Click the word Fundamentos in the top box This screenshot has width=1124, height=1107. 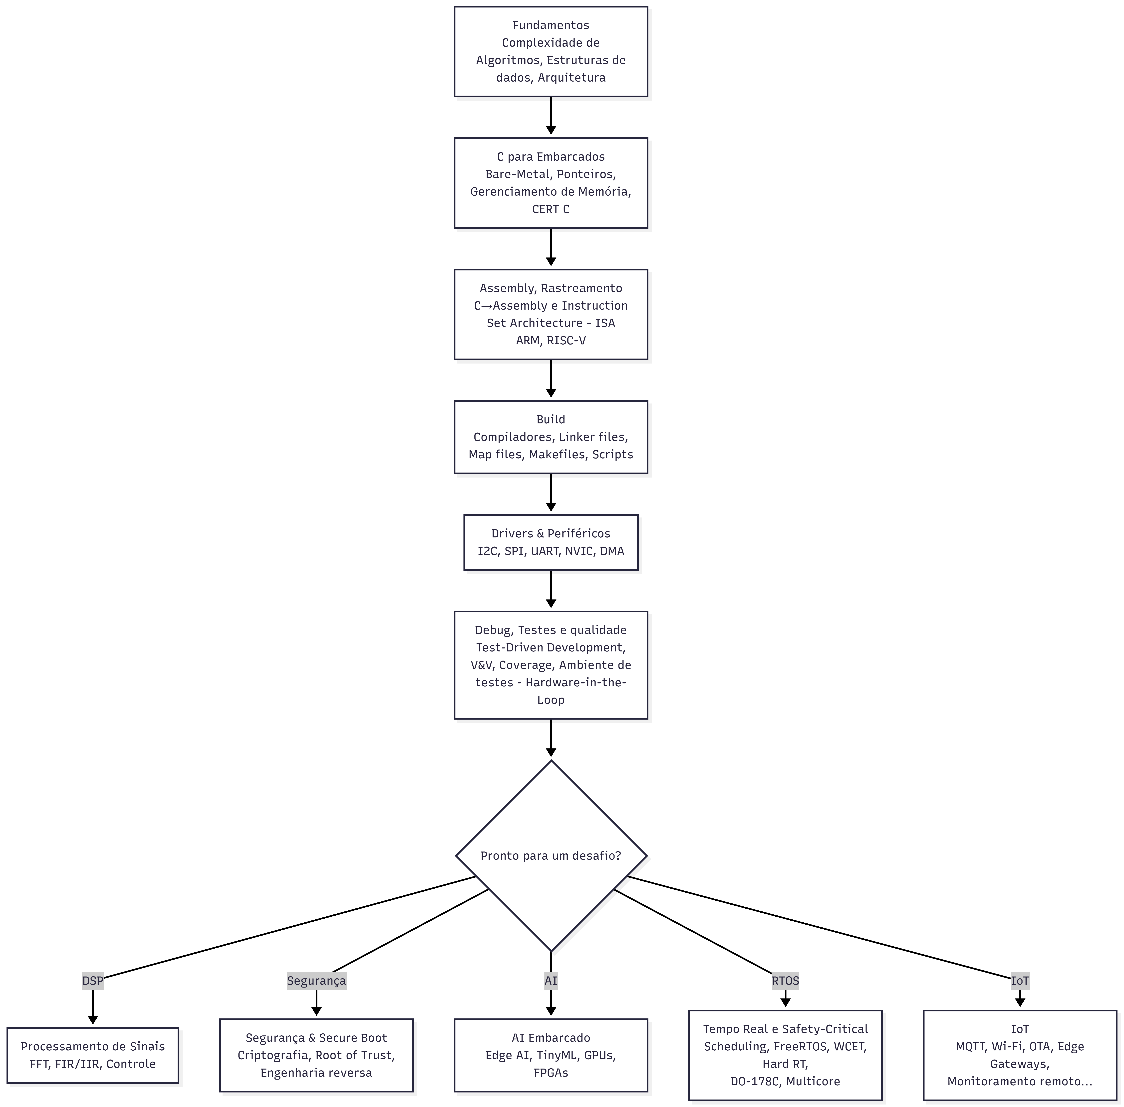550,25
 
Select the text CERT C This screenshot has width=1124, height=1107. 550,209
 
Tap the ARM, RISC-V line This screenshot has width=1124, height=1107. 550,340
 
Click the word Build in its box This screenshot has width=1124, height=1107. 550,419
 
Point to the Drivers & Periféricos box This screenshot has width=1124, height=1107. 550,542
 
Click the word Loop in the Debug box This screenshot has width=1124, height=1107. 550,699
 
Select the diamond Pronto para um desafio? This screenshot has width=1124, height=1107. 550,855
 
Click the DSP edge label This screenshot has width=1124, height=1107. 92,981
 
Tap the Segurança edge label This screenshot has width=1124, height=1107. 316,981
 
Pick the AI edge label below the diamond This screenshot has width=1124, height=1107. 550,981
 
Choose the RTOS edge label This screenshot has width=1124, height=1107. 785,981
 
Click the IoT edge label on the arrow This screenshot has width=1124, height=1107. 1019,981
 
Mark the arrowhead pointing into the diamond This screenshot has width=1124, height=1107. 550,752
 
